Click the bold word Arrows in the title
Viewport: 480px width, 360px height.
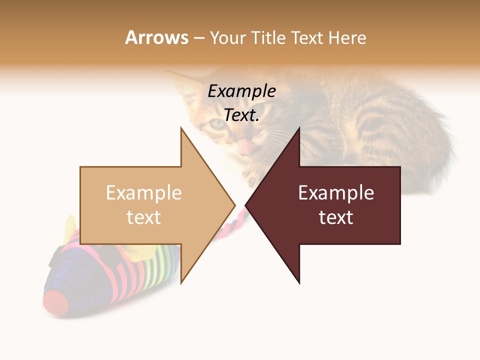(x=156, y=37)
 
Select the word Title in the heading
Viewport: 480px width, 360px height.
(x=267, y=37)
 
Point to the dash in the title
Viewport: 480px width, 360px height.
(x=198, y=38)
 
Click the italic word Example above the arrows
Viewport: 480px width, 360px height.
(x=241, y=91)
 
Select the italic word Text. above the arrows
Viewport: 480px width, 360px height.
(x=241, y=115)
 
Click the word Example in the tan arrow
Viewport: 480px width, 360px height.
(x=143, y=193)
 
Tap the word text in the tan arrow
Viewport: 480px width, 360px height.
(x=143, y=217)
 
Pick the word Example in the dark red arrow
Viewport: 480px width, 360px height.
(x=336, y=193)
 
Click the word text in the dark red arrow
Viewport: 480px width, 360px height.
(x=336, y=217)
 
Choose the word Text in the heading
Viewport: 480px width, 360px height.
(x=306, y=37)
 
